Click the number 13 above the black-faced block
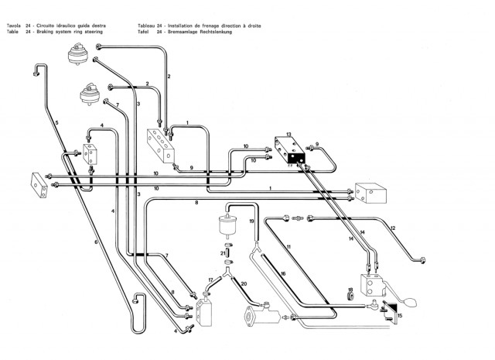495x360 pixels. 288,135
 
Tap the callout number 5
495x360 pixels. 56,122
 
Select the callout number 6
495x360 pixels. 96,242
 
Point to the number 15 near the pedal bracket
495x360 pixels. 400,315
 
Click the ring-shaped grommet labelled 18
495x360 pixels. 350,297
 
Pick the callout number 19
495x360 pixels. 251,221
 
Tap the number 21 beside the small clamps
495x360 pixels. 224,253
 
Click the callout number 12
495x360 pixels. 393,228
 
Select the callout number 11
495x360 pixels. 288,246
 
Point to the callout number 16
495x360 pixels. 283,273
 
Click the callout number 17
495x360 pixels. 210,279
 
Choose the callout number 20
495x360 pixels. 244,284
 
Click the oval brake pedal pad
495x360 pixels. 411,302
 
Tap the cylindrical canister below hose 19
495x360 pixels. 228,225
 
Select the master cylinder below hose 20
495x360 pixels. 262,314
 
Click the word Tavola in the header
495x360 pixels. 14,26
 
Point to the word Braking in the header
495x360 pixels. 45,32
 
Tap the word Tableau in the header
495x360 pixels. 146,26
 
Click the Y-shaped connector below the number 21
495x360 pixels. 227,272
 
